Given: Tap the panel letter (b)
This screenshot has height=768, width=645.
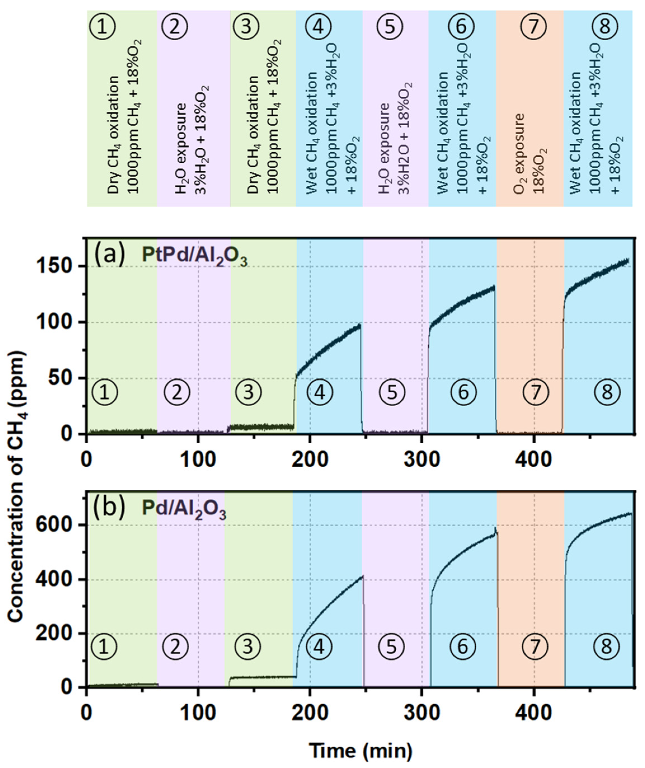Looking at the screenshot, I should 110,506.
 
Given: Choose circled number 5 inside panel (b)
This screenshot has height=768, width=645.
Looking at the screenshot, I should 391,647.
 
